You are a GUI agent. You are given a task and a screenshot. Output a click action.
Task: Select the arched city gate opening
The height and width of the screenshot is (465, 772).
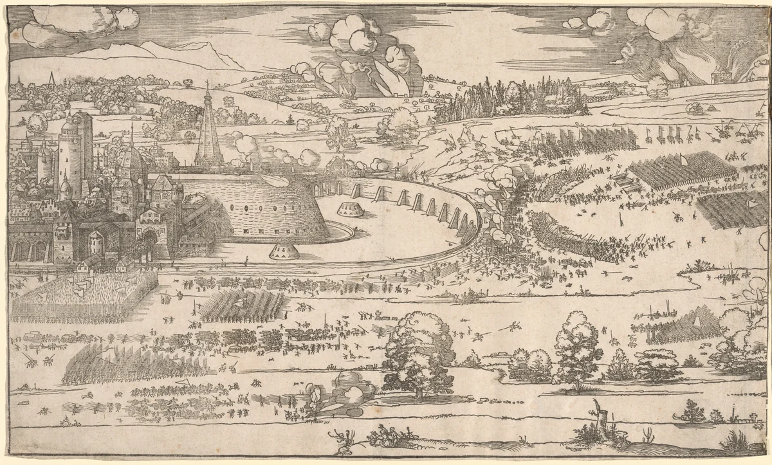[x=149, y=243]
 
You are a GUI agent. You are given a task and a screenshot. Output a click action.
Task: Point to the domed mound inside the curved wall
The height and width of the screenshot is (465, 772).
[x=349, y=208]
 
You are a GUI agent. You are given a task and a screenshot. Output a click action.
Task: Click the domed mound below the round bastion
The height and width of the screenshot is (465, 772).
[x=282, y=251]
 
